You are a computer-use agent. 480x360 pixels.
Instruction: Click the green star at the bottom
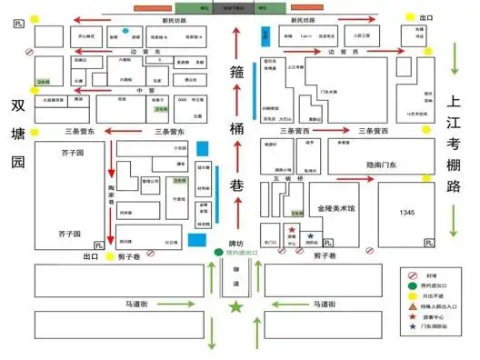coord(237,309)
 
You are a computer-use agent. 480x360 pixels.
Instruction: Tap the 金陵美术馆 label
coord(337,208)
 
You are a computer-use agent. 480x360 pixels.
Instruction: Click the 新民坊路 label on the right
coord(305,19)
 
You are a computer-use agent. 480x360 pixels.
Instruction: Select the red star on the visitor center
coord(292,229)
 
